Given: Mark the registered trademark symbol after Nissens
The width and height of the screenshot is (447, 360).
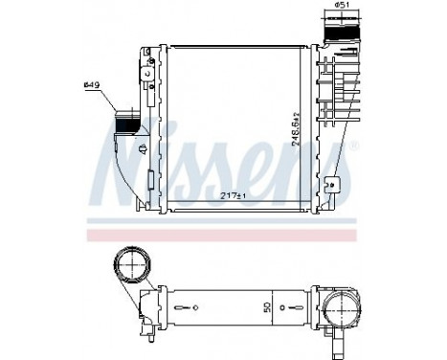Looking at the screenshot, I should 355,145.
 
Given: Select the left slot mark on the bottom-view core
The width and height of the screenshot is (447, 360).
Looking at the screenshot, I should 192,309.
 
